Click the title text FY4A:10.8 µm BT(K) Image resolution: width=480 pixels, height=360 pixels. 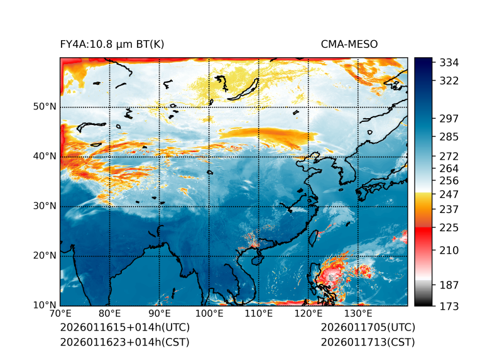[x=112, y=44]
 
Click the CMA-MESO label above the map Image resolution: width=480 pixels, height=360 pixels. [x=349, y=44]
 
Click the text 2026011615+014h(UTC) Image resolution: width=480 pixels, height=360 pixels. [x=124, y=328]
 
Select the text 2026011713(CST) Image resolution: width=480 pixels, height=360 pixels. [x=368, y=342]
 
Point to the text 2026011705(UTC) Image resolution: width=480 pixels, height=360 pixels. [x=368, y=328]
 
